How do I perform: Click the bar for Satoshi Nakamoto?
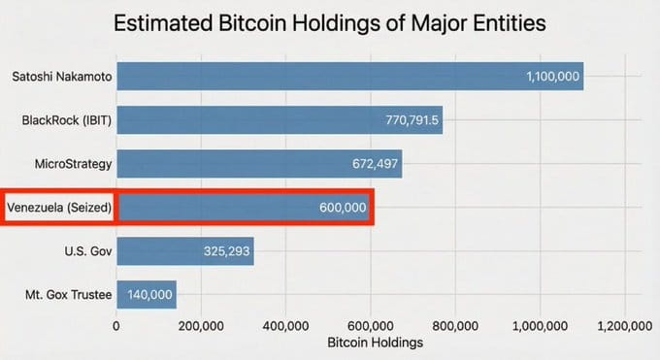coord(349,76)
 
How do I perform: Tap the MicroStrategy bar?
coord(259,164)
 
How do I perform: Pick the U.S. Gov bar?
coord(185,251)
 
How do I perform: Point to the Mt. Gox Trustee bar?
coord(147,294)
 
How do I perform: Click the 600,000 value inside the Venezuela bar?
coord(342,208)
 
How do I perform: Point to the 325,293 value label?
coord(225,251)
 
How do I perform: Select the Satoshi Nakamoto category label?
coord(59,76)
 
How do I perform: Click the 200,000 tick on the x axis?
coord(201,325)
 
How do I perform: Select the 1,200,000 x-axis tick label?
coord(624,325)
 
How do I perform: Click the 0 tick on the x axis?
coord(116,325)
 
